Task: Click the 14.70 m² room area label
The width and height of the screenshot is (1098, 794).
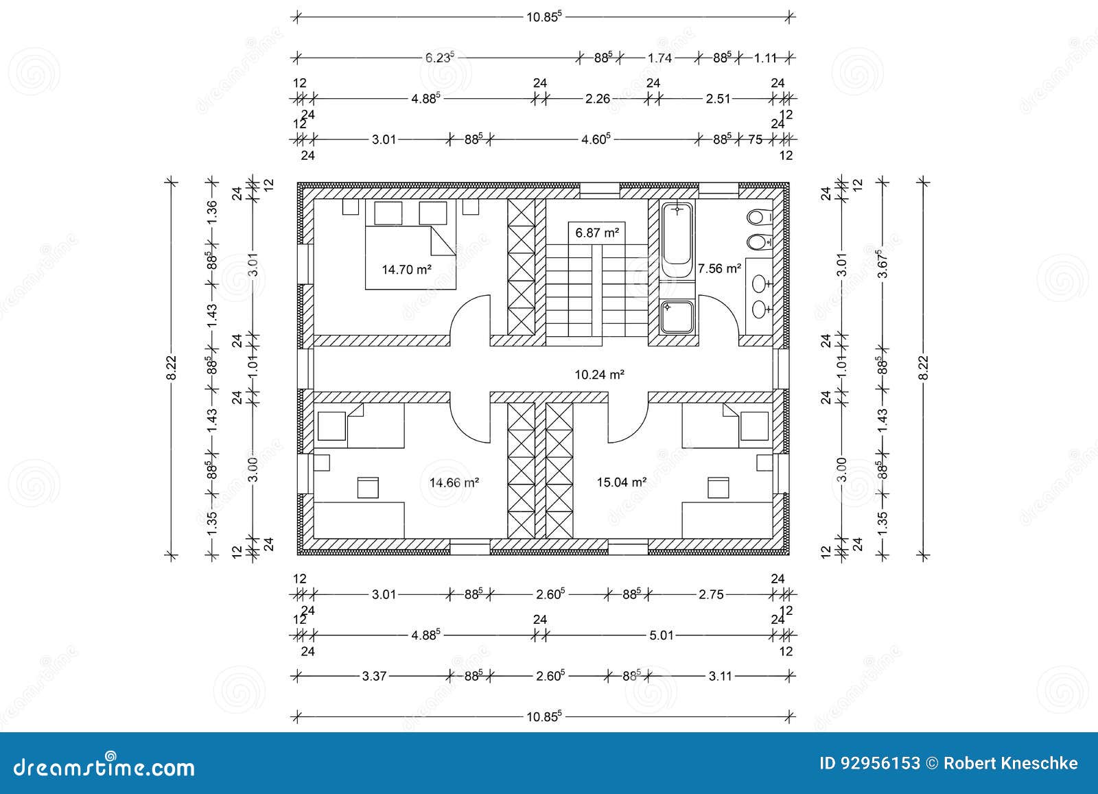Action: (x=406, y=270)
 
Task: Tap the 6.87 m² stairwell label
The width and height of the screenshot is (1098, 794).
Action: (x=597, y=233)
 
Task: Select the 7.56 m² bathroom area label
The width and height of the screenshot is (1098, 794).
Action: (x=719, y=268)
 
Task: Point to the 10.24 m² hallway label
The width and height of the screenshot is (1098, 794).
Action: (x=599, y=375)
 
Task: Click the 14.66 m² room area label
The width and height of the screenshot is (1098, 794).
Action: (x=454, y=482)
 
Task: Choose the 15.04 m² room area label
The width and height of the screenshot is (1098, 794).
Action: (x=621, y=482)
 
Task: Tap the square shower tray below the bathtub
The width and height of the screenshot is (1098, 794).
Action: (x=677, y=317)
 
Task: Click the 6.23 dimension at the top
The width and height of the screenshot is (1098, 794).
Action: (x=439, y=58)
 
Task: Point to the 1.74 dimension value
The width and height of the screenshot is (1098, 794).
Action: (x=659, y=58)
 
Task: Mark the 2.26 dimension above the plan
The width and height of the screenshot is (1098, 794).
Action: (x=597, y=99)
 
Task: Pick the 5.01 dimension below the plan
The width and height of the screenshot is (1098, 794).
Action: (x=662, y=635)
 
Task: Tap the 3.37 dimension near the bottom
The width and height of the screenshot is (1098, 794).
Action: (x=375, y=676)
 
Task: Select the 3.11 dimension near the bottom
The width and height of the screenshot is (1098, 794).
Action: (x=721, y=676)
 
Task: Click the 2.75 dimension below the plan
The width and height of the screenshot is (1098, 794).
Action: (x=711, y=595)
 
